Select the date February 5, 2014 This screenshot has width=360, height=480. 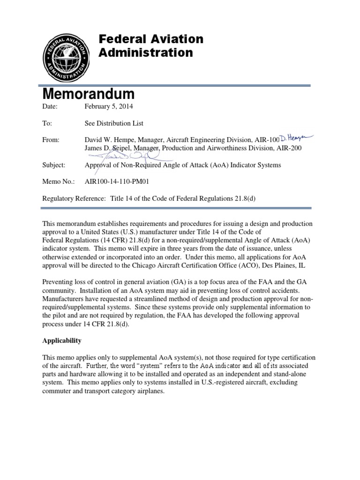109,106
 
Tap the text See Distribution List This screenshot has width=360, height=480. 114,123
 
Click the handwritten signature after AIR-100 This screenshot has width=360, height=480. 296,139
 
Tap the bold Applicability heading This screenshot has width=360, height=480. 62,340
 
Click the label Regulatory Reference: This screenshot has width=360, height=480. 74,199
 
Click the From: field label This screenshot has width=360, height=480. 51,140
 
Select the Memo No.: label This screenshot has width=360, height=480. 56,182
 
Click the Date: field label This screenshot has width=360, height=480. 50,106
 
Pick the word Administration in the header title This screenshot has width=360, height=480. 146,52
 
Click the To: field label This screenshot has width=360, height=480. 47,123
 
